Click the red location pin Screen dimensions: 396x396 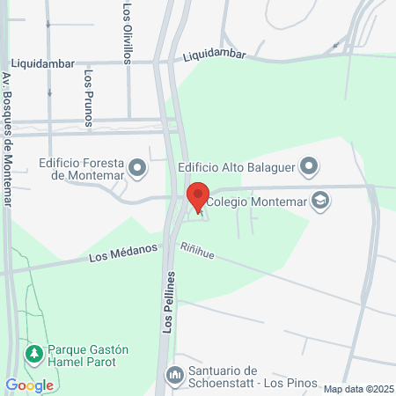click(x=198, y=197)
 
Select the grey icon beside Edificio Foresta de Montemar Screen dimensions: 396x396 click(x=137, y=166)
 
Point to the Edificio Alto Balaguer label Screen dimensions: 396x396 click(x=237, y=166)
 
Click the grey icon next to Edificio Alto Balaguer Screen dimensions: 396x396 click(x=309, y=165)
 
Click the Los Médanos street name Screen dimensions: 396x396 click(x=122, y=255)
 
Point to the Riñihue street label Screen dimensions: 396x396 click(x=198, y=251)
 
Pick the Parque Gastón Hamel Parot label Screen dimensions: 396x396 click(x=88, y=356)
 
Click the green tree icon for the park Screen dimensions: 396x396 click(x=34, y=354)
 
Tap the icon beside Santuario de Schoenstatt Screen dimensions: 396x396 click(x=174, y=377)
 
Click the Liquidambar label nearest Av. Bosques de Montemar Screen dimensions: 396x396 click(x=43, y=64)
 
